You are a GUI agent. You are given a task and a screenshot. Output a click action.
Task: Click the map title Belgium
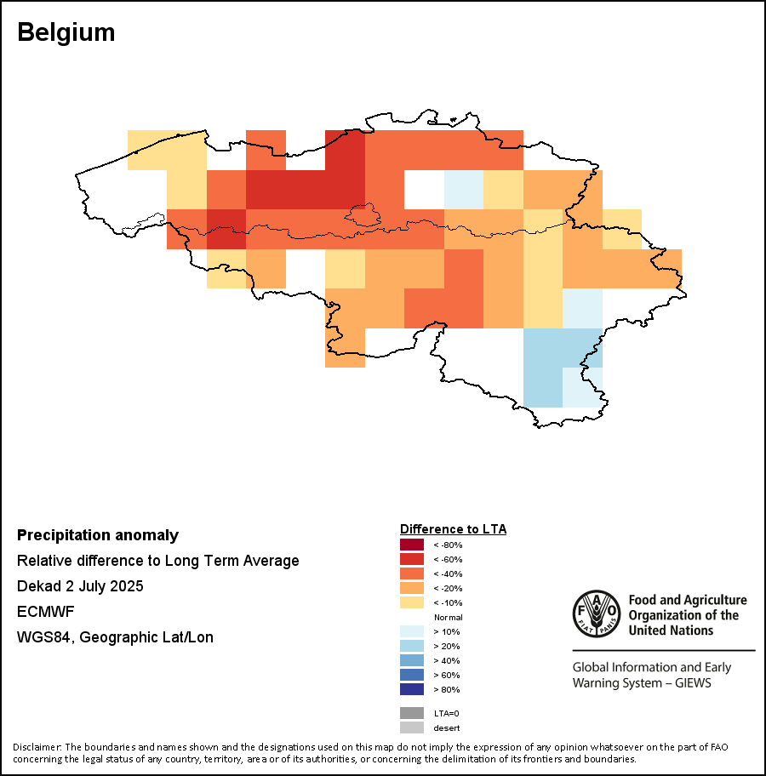[66, 32]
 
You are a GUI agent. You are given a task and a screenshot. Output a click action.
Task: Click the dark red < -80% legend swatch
[412, 545]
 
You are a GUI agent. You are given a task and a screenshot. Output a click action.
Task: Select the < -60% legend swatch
[412, 559]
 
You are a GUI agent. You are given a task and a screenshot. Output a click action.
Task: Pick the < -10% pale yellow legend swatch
[412, 602]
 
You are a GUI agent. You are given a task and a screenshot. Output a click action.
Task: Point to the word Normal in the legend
[448, 617]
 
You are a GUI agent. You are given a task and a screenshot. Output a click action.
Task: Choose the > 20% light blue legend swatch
[412, 646]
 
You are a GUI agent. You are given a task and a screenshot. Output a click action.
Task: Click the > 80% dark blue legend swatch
[412, 689]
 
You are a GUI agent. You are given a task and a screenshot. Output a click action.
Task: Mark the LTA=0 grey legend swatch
[412, 713]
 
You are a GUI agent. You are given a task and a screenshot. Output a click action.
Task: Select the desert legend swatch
[412, 727]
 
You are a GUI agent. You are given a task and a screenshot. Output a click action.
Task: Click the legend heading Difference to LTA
[453, 529]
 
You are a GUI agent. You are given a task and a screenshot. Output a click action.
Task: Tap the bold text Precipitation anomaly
[98, 535]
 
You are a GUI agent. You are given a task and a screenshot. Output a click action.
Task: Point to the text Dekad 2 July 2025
[80, 586]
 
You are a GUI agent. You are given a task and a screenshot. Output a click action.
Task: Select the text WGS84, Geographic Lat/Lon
[115, 637]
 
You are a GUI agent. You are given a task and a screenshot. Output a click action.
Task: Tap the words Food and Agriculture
[688, 601]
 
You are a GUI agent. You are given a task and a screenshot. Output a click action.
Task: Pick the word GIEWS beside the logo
[691, 682]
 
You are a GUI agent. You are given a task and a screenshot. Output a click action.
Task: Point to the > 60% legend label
[447, 675]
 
